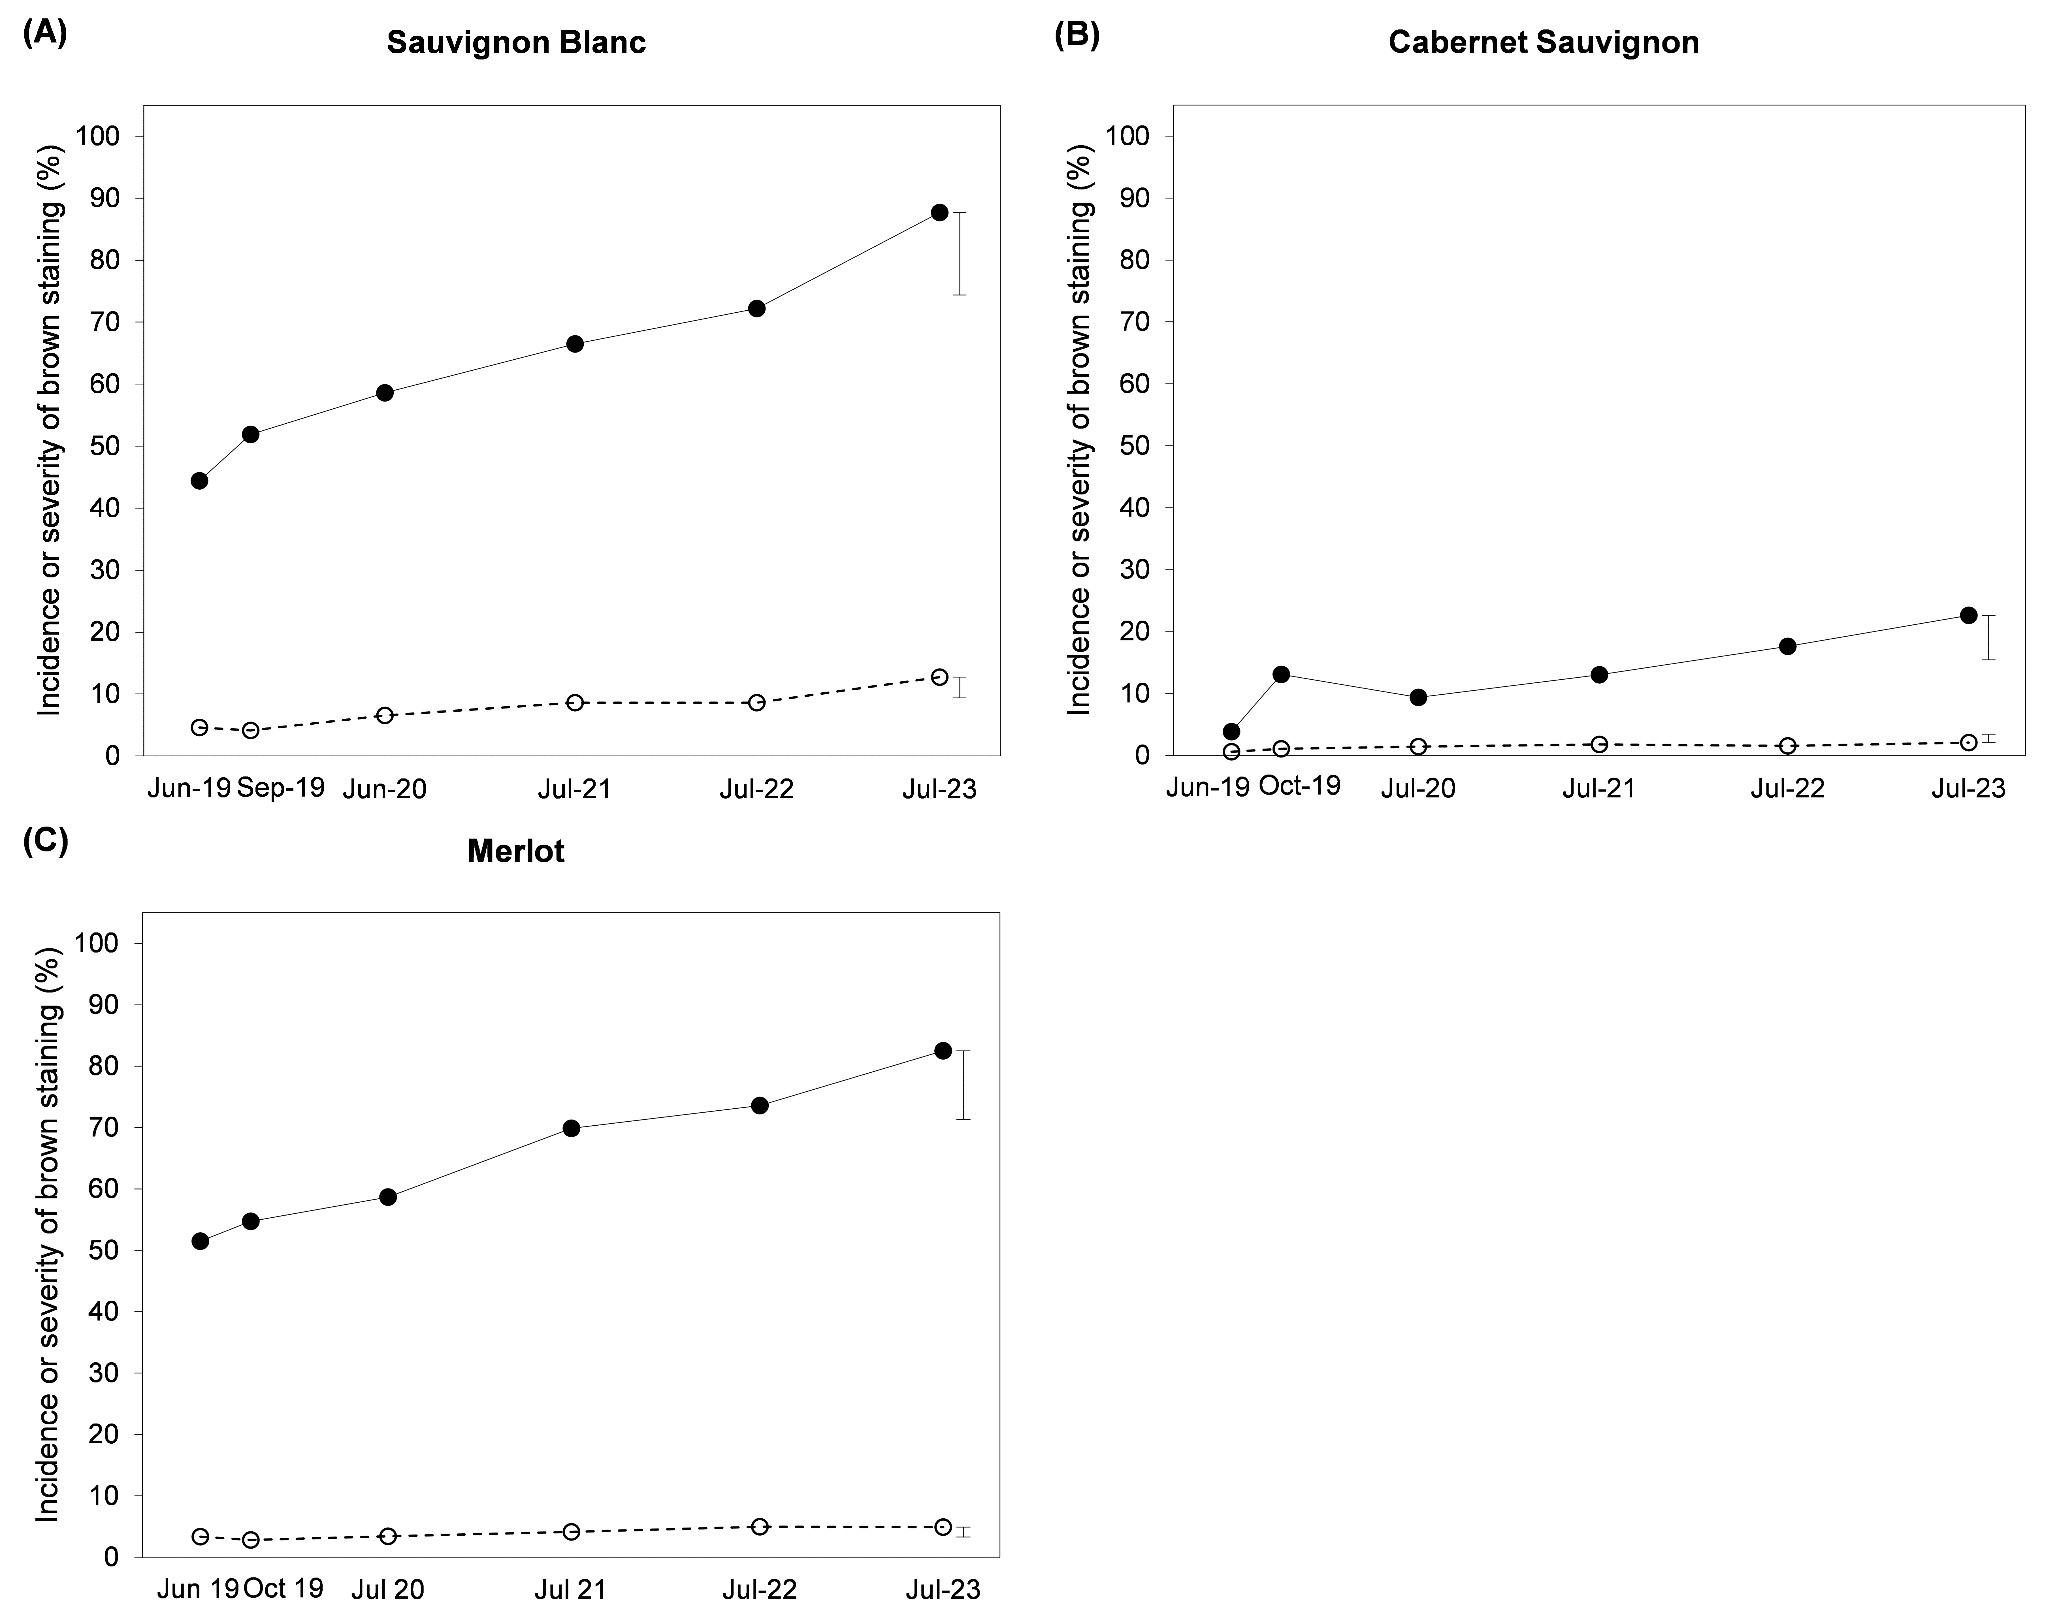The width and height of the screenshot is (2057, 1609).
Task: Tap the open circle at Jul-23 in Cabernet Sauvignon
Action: (x=1968, y=742)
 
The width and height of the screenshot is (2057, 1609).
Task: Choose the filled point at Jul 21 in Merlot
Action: (x=571, y=1128)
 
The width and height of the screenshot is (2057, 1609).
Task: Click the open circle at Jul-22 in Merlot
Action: (x=760, y=1526)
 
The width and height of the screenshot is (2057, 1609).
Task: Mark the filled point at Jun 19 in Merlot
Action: (x=200, y=1241)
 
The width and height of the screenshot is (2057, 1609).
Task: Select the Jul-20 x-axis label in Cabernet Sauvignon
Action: (x=1418, y=788)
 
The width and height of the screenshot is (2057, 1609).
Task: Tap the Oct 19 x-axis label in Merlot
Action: (x=283, y=1588)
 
